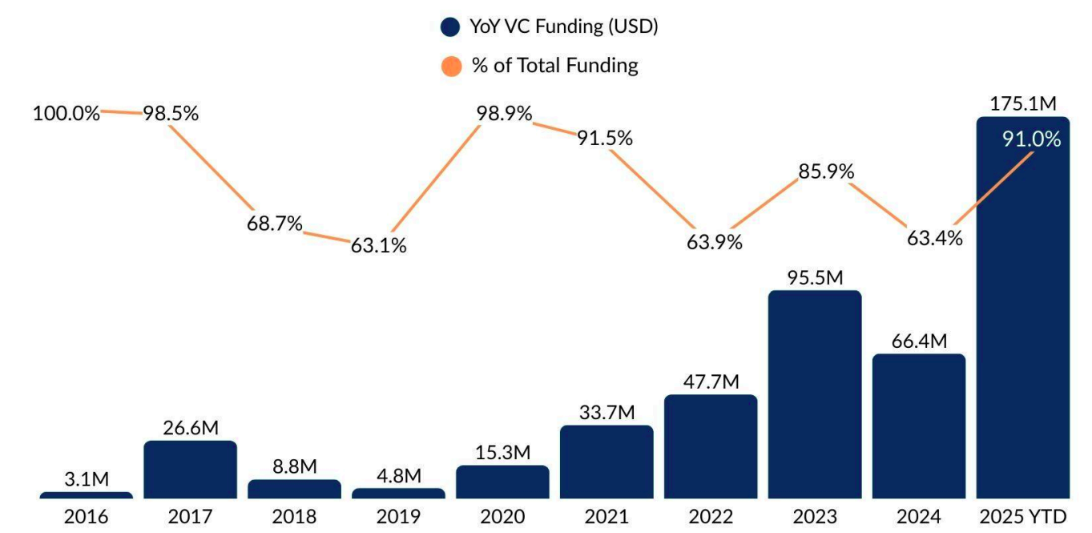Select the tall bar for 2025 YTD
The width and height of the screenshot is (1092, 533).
tap(1023, 321)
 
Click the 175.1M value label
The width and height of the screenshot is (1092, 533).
tap(1023, 103)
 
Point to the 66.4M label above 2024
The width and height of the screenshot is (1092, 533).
tap(919, 341)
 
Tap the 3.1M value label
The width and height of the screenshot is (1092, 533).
tap(86, 479)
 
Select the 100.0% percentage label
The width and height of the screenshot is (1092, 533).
tap(66, 113)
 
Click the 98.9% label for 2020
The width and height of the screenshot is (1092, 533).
tap(504, 114)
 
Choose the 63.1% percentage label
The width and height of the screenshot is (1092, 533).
tap(378, 245)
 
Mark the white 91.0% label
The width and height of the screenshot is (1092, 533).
tap(1031, 139)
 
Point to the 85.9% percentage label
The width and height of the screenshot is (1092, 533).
tap(826, 172)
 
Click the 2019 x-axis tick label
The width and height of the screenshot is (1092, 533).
tap(399, 517)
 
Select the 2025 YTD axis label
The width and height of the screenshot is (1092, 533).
tap(1023, 517)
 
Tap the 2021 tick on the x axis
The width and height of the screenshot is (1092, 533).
tap(606, 517)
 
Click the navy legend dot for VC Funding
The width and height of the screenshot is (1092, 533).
tap(451, 27)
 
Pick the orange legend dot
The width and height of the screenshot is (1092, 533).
tap(451, 66)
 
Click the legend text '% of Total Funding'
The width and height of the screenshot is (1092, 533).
tap(554, 65)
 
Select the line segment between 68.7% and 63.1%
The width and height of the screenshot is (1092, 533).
tap(328, 234)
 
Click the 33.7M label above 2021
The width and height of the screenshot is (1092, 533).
tap(606, 413)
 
